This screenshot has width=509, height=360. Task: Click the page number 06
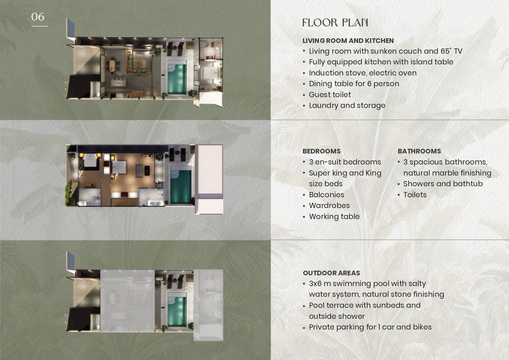click(x=38, y=17)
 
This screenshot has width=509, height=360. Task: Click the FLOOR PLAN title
click(x=335, y=23)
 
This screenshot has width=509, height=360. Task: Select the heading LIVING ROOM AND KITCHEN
click(x=348, y=41)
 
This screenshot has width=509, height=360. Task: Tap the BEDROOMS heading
click(x=322, y=151)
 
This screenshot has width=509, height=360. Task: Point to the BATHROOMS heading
click(x=419, y=151)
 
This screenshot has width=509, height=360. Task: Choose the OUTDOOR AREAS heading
click(x=332, y=273)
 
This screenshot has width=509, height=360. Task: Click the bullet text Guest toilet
click(x=330, y=95)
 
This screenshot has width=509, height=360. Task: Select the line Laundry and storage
click(x=347, y=105)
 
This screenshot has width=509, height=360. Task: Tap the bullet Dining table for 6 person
click(x=354, y=84)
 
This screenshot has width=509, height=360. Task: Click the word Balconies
click(x=326, y=195)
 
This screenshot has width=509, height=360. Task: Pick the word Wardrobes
click(x=329, y=205)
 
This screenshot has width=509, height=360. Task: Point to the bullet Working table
click(x=334, y=216)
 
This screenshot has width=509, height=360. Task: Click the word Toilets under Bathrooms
click(x=415, y=195)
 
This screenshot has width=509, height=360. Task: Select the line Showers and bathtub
click(x=443, y=184)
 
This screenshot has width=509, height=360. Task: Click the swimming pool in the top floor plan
click(x=177, y=77)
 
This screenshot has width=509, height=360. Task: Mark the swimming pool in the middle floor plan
click(x=181, y=185)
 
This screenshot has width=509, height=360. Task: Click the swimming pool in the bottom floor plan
click(x=177, y=310)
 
